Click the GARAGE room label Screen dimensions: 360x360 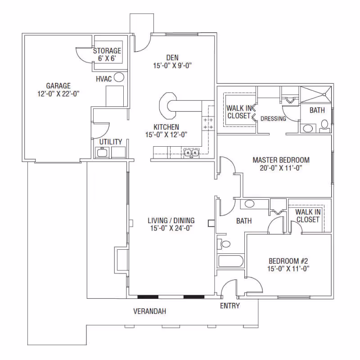click(58, 86)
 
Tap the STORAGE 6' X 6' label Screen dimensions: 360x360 click(107, 54)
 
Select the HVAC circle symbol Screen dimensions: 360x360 click(119, 77)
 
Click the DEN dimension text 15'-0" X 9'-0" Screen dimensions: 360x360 click(172, 66)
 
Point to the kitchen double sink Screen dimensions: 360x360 click(192, 153)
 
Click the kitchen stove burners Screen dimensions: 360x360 click(208, 123)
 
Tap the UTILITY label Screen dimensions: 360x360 click(111, 142)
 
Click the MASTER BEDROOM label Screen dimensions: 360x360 click(281, 160)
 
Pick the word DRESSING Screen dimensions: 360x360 click(273, 118)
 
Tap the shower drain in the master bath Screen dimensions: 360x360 click(324, 94)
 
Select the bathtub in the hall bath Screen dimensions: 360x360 click(230, 261)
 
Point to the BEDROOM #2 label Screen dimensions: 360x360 click(288, 261)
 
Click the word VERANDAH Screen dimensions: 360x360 click(150, 311)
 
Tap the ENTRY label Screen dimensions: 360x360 click(230, 306)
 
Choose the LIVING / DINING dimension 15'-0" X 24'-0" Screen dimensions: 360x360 click(171, 228)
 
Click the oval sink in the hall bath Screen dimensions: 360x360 click(249, 204)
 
